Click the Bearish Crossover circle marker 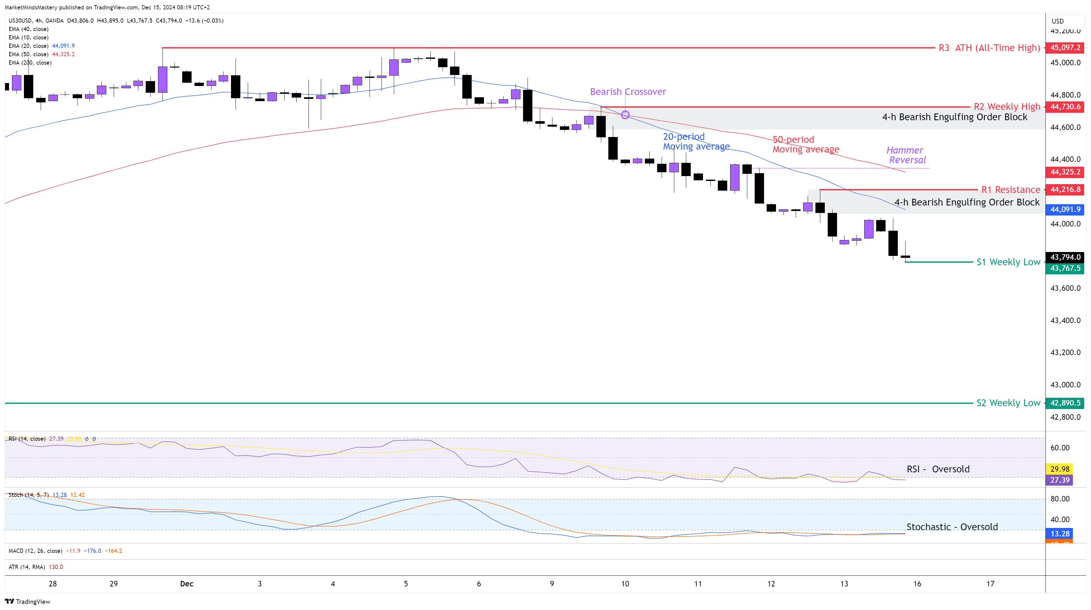tap(625, 115)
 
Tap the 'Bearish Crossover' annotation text tap(628, 92)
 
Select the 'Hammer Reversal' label tap(906, 155)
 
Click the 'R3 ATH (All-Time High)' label tap(989, 48)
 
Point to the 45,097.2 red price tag tap(1065, 47)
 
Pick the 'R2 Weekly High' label tap(1007, 107)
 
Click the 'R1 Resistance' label tap(1011, 190)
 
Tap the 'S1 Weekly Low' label tap(1008, 262)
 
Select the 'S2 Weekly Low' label tap(1008, 403)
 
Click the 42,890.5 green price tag tap(1065, 403)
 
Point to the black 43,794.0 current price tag tap(1065, 257)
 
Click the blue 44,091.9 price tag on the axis tap(1065, 209)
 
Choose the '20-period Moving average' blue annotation tap(696, 142)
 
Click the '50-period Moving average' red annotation tap(805, 144)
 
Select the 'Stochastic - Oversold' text tap(952, 527)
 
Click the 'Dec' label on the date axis tap(186, 584)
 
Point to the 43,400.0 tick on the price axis tap(1065, 320)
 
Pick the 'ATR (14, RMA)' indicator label tap(27, 567)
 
